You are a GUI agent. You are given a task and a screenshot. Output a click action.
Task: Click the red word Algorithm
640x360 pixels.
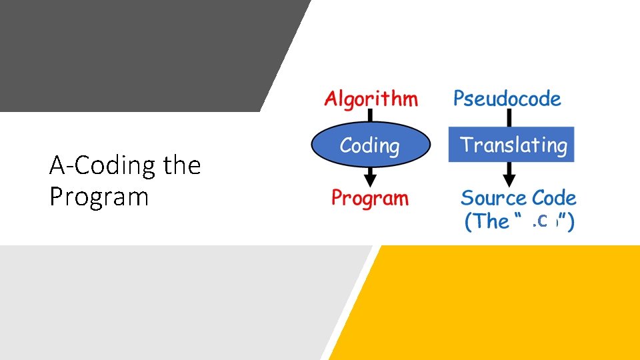(371, 99)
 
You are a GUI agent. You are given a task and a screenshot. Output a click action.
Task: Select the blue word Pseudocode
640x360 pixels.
(507, 99)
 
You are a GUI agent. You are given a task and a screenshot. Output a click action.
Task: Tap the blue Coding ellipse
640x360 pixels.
(370, 145)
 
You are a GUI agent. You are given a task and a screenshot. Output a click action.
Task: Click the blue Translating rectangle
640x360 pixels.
(511, 145)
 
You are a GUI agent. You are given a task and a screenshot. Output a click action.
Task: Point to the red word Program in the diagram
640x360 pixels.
(370, 198)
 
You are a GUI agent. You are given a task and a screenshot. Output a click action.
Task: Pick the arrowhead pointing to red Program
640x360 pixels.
(370, 179)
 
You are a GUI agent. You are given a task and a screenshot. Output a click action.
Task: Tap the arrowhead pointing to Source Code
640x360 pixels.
(509, 179)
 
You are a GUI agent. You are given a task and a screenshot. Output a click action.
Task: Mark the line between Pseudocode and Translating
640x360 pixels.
(509, 118)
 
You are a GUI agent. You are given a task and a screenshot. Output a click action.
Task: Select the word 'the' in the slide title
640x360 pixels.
(182, 165)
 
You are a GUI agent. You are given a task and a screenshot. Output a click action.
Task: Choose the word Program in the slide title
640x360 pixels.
(99, 197)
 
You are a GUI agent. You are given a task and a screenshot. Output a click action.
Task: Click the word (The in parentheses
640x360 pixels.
(486, 221)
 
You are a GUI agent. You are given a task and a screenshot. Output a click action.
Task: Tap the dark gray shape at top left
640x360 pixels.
(133, 53)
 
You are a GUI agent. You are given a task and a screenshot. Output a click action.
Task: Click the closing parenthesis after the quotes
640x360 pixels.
(571, 221)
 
